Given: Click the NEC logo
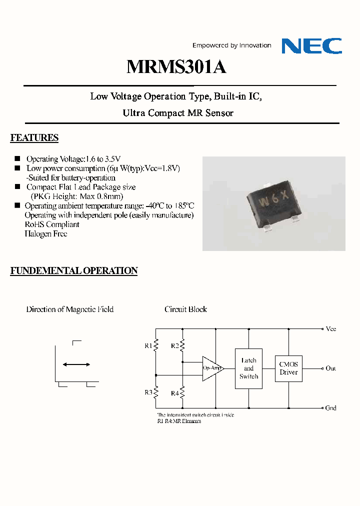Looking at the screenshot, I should (311, 45).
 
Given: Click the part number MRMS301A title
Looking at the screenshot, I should (176, 66).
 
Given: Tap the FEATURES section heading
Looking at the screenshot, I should (34, 138).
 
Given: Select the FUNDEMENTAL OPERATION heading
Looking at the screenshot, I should (74, 271).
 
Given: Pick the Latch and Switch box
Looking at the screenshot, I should (248, 368).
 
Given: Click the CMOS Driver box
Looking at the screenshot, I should (288, 368).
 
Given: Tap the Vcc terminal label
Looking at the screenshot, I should (330, 329).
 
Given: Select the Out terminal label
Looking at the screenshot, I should (330, 368).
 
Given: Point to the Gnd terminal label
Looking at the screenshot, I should (330, 408).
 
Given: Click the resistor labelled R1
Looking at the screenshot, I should (156, 345).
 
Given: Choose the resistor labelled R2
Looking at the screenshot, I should (182, 345).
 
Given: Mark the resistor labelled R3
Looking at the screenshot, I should (156, 392).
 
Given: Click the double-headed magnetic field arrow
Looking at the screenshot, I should (76, 365).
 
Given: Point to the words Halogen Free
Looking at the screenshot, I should (46, 234).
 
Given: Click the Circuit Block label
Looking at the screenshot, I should (185, 309).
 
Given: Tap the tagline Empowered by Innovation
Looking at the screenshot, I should (232, 45).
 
